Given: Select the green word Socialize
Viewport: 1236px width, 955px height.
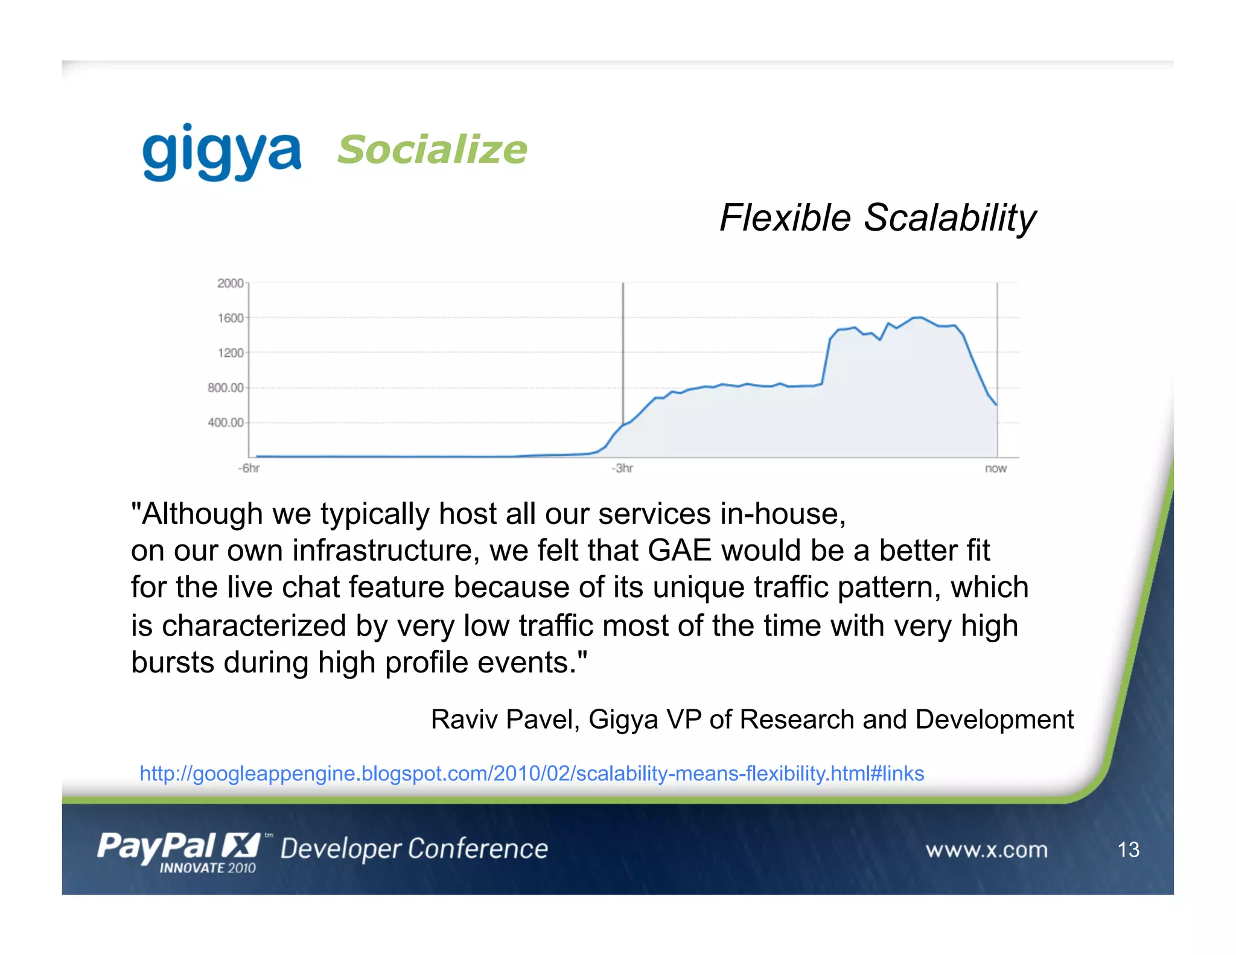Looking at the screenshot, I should (432, 150).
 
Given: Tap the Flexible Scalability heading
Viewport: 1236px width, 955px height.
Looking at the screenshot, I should (878, 218).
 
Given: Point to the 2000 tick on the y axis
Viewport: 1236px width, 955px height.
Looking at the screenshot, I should (230, 283).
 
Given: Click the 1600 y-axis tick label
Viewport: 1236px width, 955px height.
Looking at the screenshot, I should (230, 318).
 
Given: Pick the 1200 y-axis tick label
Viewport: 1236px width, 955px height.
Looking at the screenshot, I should (230, 353).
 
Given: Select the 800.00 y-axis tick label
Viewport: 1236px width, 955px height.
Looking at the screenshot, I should (225, 388).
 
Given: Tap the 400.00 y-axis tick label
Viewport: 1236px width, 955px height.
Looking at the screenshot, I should (225, 423).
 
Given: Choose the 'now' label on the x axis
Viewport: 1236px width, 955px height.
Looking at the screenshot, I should (996, 468).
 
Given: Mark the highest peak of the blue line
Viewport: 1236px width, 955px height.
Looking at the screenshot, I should (919, 318).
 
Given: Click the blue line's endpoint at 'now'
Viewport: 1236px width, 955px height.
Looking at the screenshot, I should (996, 405).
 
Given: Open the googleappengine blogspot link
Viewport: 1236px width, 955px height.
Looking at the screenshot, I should (531, 773).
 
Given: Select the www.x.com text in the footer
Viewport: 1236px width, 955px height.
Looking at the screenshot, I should (986, 850).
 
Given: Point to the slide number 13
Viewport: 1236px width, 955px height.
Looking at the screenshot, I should (1128, 850).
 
